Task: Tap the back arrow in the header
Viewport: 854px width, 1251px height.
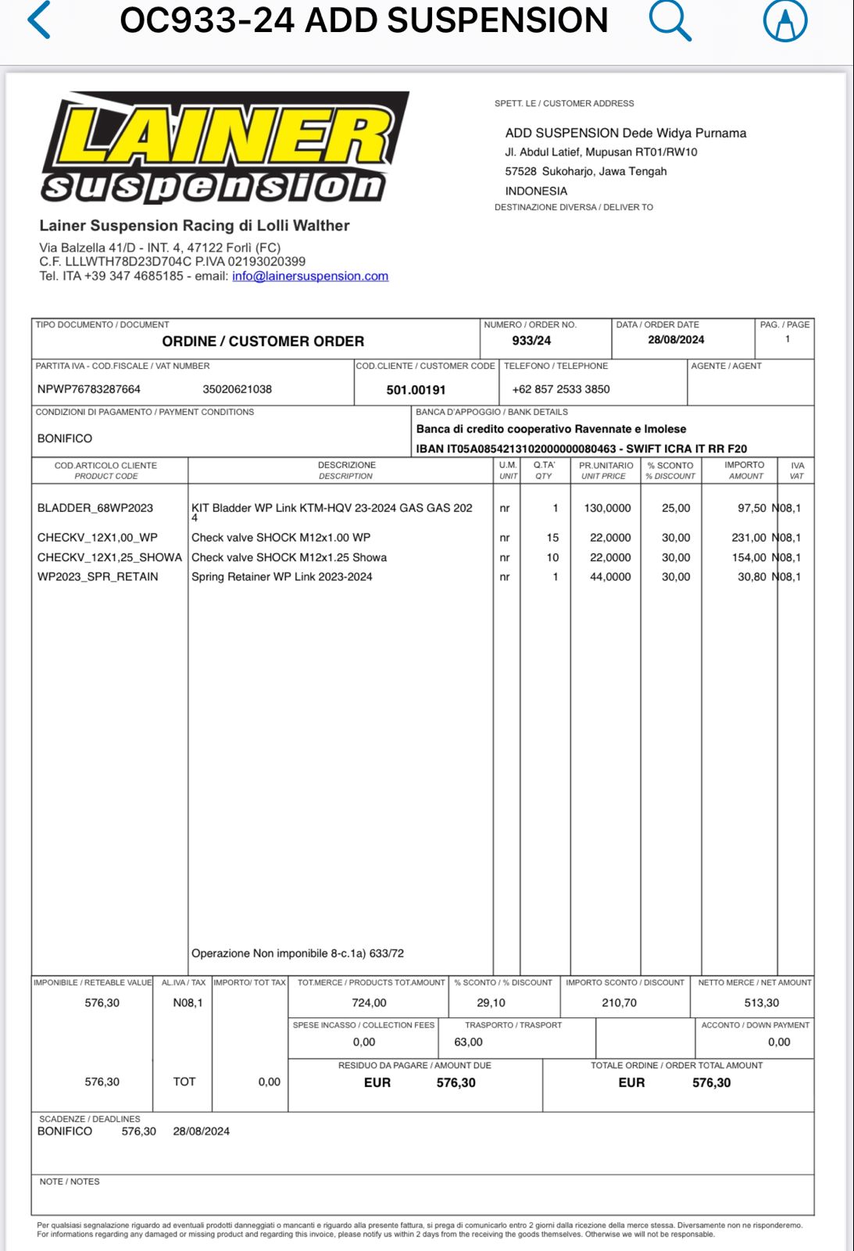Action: pos(39,20)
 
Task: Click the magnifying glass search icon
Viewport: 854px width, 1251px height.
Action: pos(670,20)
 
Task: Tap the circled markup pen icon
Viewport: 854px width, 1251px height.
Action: pos(784,20)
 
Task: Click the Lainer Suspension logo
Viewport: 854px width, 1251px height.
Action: pos(225,148)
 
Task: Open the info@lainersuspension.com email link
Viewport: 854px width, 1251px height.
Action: pos(309,276)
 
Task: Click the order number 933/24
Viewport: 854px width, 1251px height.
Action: pos(531,341)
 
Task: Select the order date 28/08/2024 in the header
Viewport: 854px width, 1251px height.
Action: pos(676,340)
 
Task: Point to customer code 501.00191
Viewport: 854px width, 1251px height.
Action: pos(416,390)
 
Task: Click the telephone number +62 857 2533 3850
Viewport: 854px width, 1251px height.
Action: pos(560,389)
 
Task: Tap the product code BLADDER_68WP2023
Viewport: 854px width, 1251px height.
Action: pos(95,508)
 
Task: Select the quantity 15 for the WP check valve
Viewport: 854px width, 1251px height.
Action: pos(552,538)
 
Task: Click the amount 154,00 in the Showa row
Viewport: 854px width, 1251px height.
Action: pos(749,557)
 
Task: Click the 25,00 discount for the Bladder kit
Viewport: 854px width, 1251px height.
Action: pos(676,508)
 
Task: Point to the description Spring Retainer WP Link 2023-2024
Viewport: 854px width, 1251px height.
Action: pos(282,577)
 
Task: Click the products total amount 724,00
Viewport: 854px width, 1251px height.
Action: pos(369,1003)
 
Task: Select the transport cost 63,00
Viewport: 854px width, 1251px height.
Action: pos(468,1042)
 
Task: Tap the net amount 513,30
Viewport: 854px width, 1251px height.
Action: pos(761,1003)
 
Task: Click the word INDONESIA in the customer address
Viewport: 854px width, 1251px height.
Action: pos(536,191)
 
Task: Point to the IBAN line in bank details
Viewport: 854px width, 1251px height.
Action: pos(581,449)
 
